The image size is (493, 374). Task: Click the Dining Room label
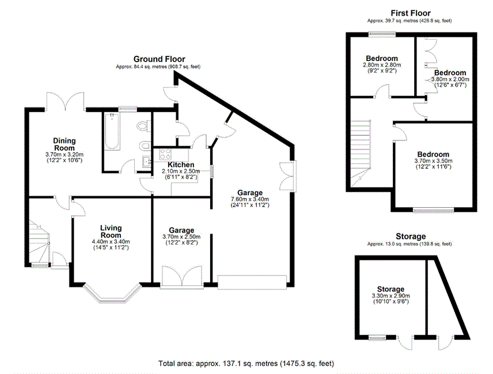[64, 144]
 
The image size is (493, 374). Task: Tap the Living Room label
[111, 231]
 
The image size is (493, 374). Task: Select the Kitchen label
[181, 165]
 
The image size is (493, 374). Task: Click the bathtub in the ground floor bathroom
[112, 131]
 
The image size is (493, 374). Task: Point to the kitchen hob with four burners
[165, 154]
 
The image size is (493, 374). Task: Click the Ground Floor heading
[159, 59]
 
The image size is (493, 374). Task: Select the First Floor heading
[410, 13]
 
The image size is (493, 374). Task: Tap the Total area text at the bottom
[246, 363]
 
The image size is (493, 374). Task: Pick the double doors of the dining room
[66, 101]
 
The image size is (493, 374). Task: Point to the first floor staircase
[361, 153]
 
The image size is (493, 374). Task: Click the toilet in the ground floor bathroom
[143, 126]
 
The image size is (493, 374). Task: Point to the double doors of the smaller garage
[182, 276]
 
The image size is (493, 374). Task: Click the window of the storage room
[377, 338]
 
